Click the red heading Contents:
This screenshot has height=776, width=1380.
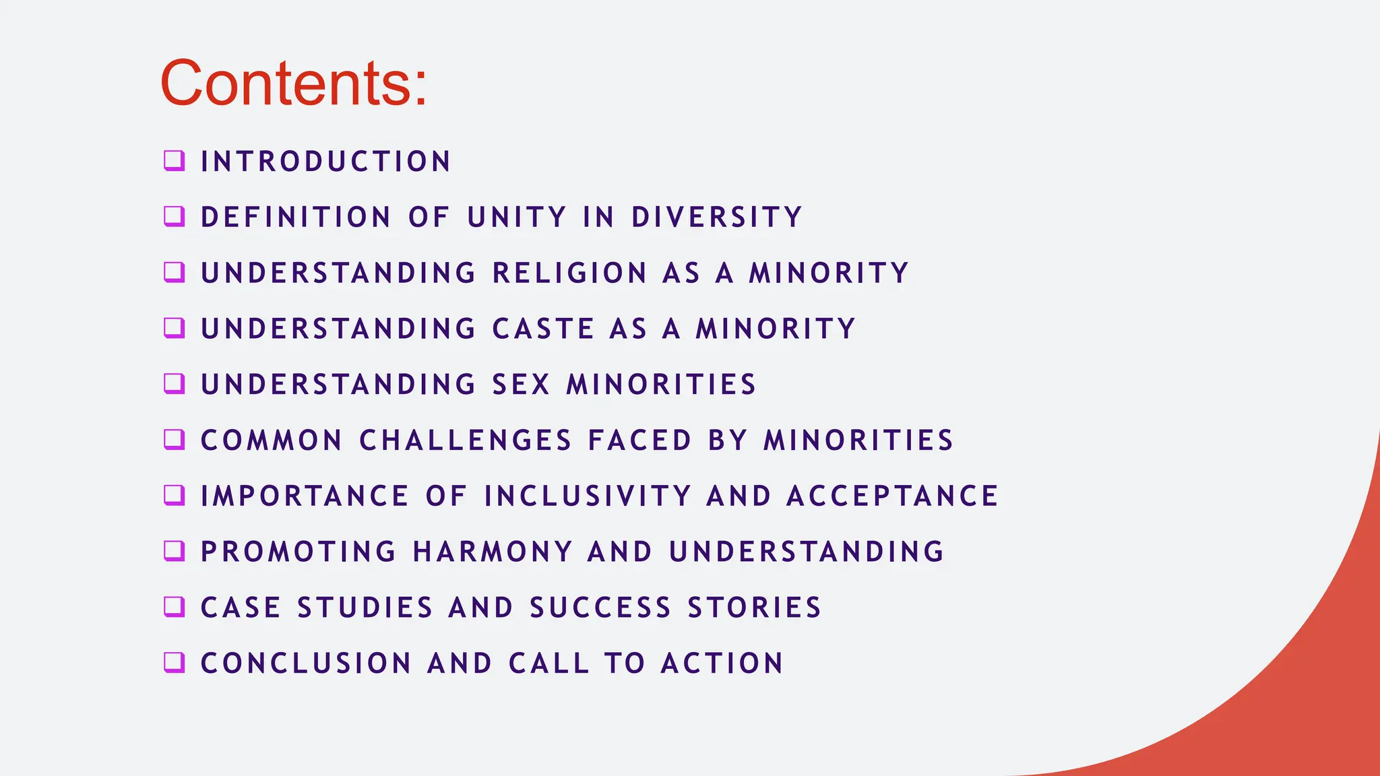click(294, 84)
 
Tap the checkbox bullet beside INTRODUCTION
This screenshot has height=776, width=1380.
click(174, 160)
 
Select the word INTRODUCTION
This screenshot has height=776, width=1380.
click(325, 162)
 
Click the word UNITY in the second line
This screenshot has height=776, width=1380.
click(517, 218)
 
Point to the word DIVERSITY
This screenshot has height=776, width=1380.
click(716, 218)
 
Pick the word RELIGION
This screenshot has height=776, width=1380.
click(570, 273)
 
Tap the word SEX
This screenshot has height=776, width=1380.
click(522, 385)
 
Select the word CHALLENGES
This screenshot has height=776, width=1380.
click(466, 441)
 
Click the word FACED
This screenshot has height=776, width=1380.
click(639, 441)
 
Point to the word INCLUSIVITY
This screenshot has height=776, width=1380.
click(588, 496)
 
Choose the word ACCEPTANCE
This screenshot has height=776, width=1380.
click(892, 496)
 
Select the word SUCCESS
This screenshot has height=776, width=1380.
click(600, 608)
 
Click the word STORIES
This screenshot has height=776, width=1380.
click(754, 608)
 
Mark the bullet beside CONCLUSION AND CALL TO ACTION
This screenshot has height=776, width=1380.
click(174, 662)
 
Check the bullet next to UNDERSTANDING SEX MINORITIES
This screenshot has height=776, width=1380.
click(174, 383)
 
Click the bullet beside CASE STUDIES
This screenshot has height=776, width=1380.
click(174, 606)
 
